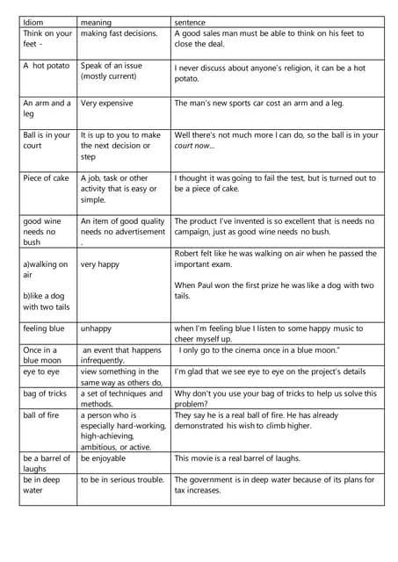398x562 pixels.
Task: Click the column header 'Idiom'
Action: (x=33, y=21)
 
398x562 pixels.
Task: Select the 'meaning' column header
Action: (x=96, y=21)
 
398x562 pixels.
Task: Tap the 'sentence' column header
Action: (x=192, y=21)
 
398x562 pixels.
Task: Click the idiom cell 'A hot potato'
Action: (x=45, y=66)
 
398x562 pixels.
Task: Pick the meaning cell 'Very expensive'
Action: (x=106, y=103)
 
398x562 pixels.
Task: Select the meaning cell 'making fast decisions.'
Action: (x=119, y=33)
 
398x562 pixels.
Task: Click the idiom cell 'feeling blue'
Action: (x=44, y=328)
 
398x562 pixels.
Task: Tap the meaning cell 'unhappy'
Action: (x=96, y=328)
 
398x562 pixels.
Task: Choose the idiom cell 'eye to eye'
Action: (x=41, y=372)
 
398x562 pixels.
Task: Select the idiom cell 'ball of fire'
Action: (x=42, y=415)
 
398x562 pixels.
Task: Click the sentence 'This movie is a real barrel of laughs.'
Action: (x=250, y=458)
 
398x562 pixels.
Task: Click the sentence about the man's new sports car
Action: (x=259, y=103)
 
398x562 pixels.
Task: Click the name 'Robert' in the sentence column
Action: (x=190, y=254)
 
